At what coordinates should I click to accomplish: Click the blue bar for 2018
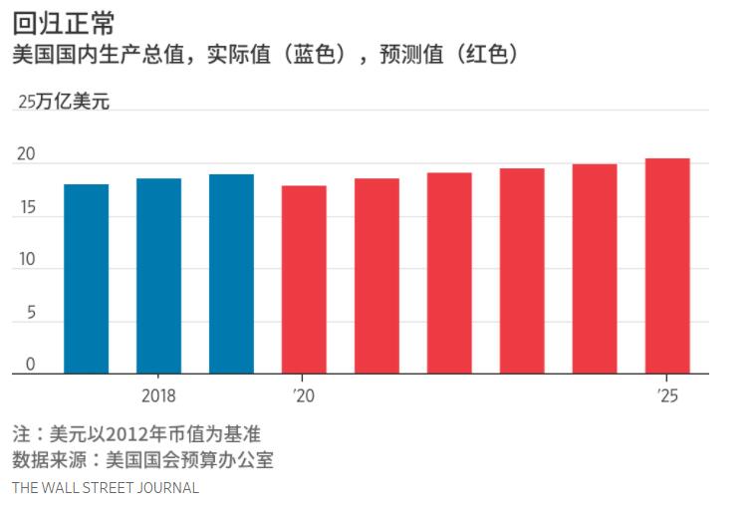[158, 276]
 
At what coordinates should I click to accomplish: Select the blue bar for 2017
[86, 279]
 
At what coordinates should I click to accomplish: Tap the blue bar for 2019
[231, 274]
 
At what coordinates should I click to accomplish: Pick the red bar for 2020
[304, 280]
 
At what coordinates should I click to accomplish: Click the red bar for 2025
[667, 266]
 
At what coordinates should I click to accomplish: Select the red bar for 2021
[376, 276]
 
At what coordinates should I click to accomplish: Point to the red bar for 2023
[522, 271]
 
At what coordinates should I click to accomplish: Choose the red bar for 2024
[595, 269]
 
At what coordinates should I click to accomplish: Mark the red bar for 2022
[449, 273]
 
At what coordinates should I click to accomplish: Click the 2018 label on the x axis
[158, 395]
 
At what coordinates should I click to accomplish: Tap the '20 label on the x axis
[303, 395]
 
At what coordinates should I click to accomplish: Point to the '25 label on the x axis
[666, 395]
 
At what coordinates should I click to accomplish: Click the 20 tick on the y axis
[26, 155]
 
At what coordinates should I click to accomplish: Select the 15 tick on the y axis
[26, 208]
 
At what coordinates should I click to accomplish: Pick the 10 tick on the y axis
[26, 261]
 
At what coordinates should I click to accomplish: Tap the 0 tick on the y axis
[30, 366]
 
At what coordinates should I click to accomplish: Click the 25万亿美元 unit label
[64, 102]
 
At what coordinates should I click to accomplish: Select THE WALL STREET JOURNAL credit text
[106, 488]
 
